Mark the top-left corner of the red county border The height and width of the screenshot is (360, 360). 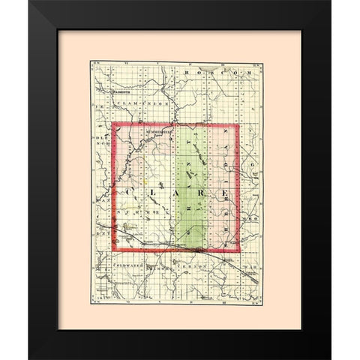point(113,124)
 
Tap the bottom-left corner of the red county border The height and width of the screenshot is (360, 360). point(113,250)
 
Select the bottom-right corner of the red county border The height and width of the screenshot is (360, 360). point(239,250)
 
